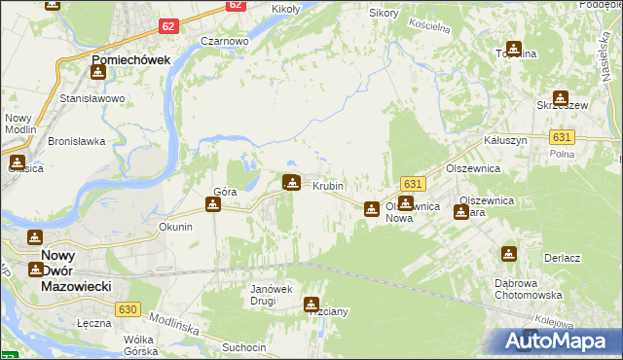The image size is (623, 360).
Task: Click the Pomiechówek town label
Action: coord(130,59)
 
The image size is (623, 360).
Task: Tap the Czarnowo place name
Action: coord(224,42)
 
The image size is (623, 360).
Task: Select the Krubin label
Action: coord(328,185)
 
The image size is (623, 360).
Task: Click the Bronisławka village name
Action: coord(76,141)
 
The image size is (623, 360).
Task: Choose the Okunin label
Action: coord(175,227)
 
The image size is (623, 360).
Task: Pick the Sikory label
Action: coord(385,14)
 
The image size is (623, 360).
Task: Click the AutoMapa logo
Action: coord(559,341)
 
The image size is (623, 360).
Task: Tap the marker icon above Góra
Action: coord(213,205)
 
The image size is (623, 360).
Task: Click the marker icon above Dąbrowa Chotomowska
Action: coord(508,255)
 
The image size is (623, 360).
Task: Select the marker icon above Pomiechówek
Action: coord(97,71)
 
